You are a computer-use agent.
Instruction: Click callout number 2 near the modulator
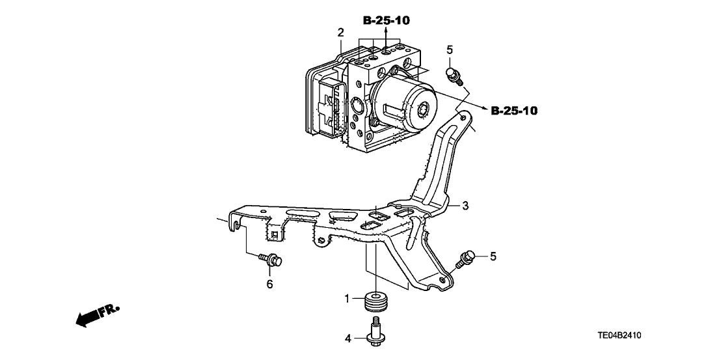(x=340, y=32)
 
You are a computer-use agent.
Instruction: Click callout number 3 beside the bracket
(x=465, y=206)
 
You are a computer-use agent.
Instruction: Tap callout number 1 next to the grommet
(x=347, y=299)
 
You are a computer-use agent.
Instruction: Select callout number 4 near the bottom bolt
(x=347, y=338)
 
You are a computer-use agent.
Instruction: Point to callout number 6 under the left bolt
(x=269, y=284)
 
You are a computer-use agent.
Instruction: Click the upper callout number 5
(x=449, y=49)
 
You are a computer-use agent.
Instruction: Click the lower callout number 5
(x=493, y=256)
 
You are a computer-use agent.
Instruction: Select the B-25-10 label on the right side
(x=514, y=111)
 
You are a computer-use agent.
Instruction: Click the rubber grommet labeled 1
(x=377, y=301)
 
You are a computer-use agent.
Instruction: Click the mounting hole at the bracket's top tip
(x=461, y=117)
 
